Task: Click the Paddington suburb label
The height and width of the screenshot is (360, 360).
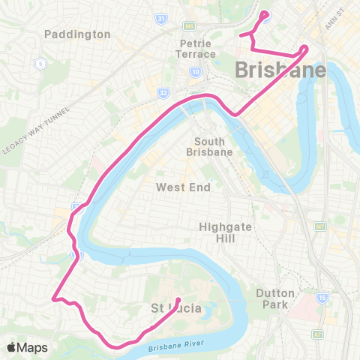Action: pos(77,34)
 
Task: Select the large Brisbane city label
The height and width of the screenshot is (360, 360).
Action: pos(281,70)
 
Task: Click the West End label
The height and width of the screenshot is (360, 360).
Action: pos(183,187)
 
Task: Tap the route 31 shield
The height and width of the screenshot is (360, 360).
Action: pos(160,17)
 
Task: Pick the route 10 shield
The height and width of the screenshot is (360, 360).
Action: pos(195,73)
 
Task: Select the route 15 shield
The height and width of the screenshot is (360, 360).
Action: pos(322,296)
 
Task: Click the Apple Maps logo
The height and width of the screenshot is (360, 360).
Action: pos(26,347)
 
